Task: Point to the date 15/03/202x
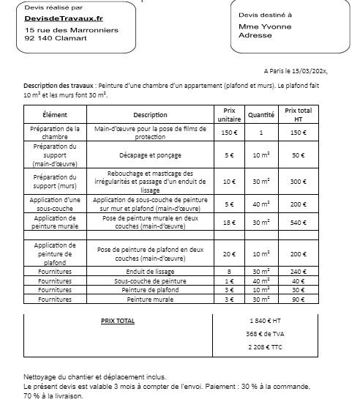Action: point(307,72)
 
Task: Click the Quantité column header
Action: point(261,115)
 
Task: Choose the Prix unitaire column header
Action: point(229,115)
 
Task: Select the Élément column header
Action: point(55,115)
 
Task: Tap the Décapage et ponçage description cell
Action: point(151,155)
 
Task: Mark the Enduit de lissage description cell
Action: point(151,271)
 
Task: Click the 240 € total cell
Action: point(297,271)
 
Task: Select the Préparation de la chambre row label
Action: point(55,132)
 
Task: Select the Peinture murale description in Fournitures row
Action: point(151,299)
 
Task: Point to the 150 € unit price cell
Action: point(229,132)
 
